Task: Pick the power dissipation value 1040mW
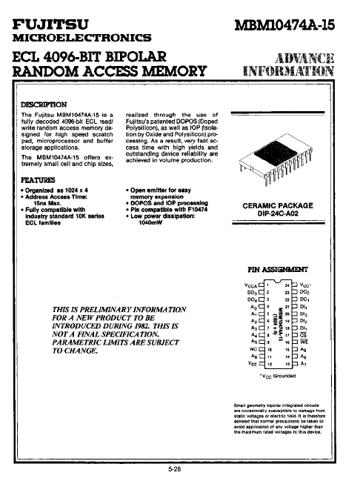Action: (x=153, y=220)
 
